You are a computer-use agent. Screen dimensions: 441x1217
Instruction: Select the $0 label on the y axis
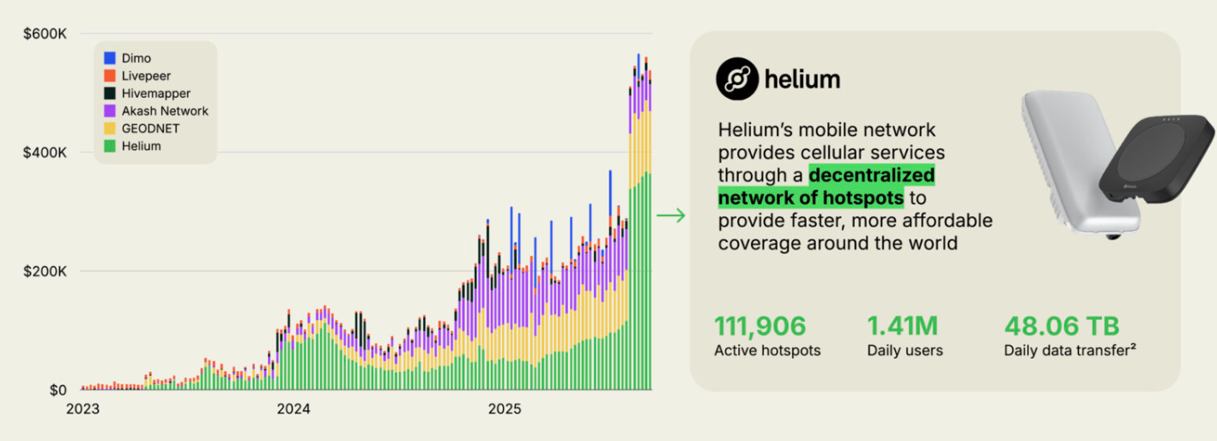click(x=58, y=390)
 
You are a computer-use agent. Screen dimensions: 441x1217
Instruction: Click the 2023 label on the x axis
click(x=82, y=409)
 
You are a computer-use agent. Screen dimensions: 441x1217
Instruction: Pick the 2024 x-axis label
click(x=293, y=409)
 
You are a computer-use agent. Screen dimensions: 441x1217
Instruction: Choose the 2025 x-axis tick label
click(x=504, y=409)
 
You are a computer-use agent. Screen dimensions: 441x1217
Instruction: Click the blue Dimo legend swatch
click(x=110, y=58)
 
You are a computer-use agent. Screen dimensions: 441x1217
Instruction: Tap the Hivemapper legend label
click(x=156, y=94)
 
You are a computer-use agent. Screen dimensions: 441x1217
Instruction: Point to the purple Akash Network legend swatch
click(x=110, y=111)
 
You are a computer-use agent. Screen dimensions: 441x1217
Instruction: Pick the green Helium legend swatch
click(x=110, y=146)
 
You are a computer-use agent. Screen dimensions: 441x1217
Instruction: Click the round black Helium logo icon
click(x=737, y=79)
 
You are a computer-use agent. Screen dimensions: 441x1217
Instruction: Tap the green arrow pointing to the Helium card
click(x=670, y=215)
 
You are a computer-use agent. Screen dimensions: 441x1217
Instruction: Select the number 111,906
click(x=760, y=326)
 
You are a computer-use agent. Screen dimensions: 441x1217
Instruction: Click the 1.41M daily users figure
click(x=902, y=326)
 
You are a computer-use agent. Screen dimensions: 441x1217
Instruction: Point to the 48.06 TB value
click(x=1062, y=326)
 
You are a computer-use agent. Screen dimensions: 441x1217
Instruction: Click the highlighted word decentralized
click(x=872, y=176)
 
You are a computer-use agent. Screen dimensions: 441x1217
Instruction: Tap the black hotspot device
click(x=1155, y=163)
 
